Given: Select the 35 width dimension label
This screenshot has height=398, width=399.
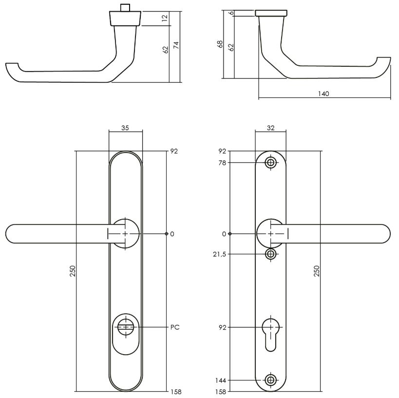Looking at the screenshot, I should tap(125, 128).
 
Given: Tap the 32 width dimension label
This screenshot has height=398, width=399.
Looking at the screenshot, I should tap(270, 128).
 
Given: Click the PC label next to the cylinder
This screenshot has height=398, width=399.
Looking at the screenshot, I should tap(175, 327).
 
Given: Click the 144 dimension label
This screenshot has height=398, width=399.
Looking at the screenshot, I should tap(221, 380).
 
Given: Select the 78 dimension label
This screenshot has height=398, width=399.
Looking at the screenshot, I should tap(222, 163).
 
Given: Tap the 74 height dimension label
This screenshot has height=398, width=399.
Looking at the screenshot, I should tap(176, 45).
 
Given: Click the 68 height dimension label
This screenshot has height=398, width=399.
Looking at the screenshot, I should tap(220, 44).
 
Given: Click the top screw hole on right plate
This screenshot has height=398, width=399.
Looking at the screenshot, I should tap(271, 163).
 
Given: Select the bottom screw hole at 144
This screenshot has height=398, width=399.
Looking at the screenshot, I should tap(271, 380).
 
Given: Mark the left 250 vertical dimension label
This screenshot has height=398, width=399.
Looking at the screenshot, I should tap(73, 271).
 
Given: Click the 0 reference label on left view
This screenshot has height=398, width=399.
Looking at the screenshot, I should tap(172, 234).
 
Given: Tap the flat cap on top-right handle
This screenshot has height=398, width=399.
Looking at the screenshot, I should tap(270, 12).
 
